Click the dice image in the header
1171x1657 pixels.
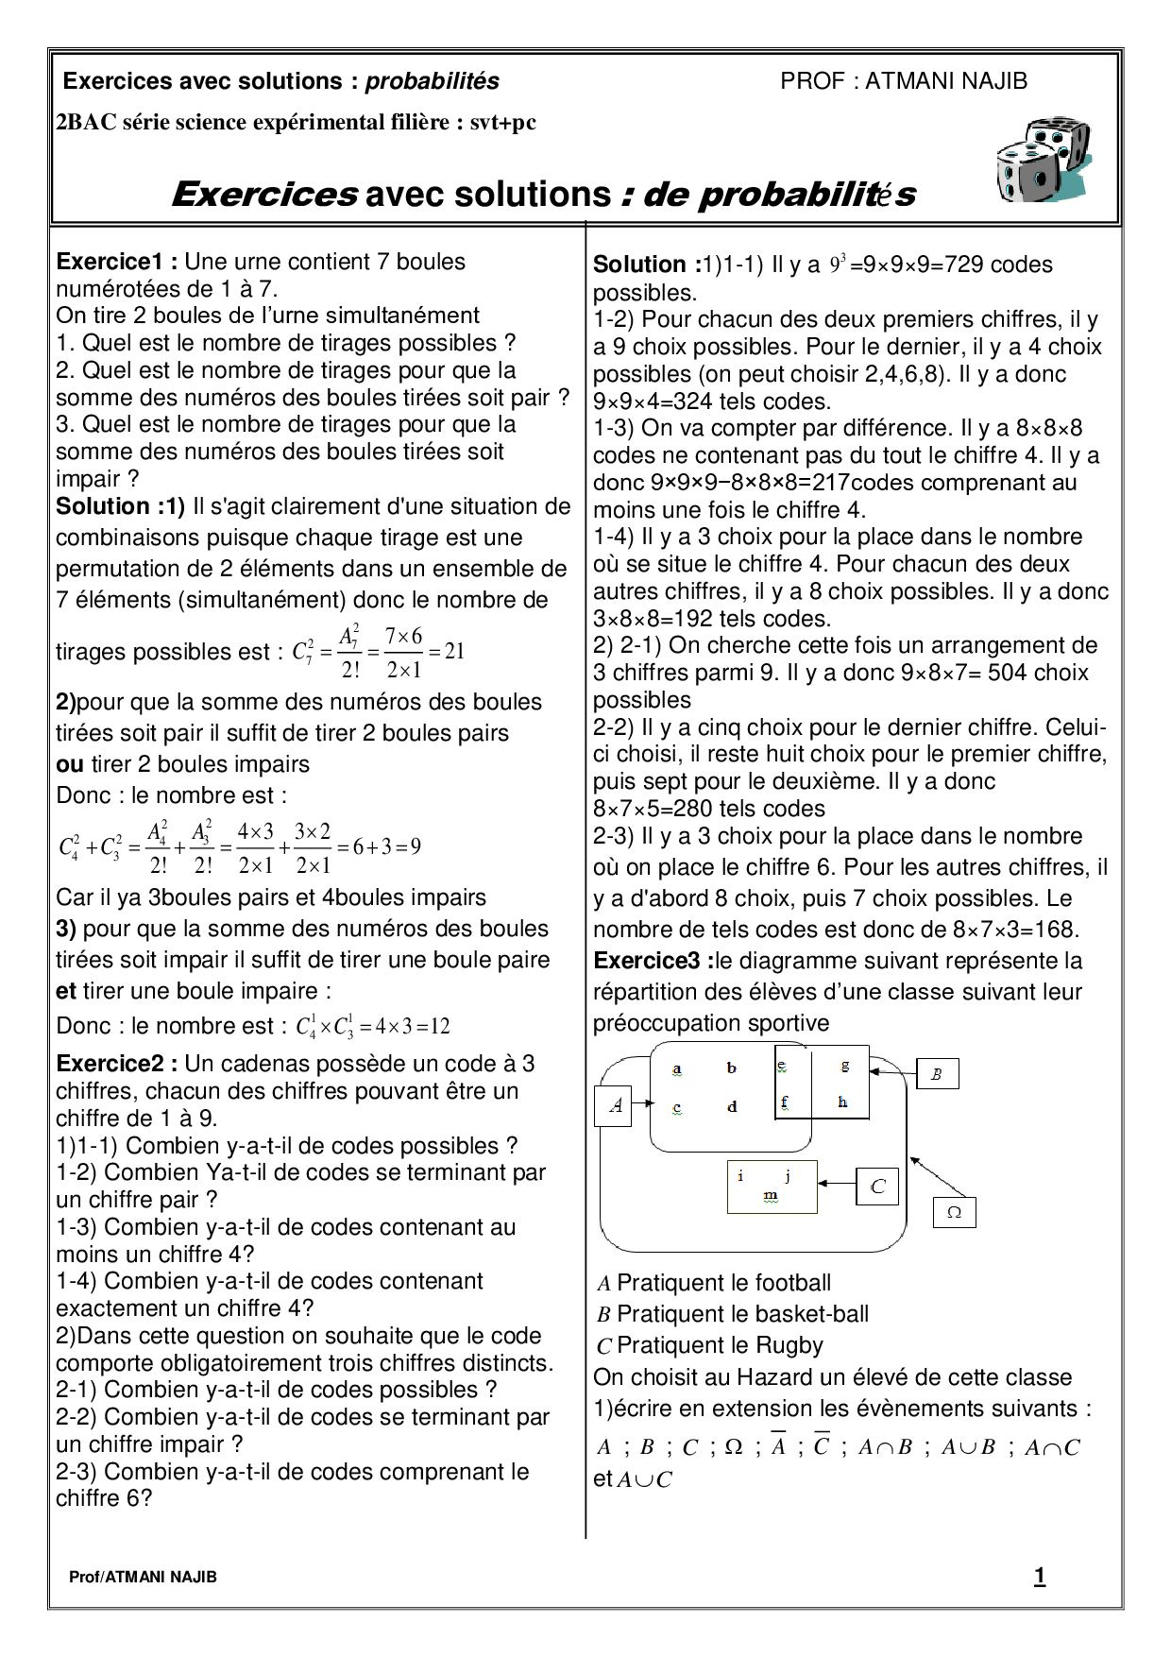click(x=1042, y=162)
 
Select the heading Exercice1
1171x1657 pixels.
click(x=116, y=262)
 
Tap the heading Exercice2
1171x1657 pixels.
click(x=116, y=1064)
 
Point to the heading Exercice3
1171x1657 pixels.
click(x=653, y=961)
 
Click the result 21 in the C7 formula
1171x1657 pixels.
click(x=454, y=652)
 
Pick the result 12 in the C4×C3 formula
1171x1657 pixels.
click(x=439, y=1027)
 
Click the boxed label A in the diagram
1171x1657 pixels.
click(x=617, y=1104)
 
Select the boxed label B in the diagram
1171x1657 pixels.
click(x=937, y=1073)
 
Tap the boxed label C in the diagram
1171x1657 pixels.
click(x=877, y=1186)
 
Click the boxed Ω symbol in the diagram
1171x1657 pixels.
click(x=954, y=1212)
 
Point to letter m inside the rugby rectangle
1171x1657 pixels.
click(x=771, y=1196)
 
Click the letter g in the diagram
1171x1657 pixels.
click(x=844, y=1066)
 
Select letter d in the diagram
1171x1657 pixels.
click(x=732, y=1106)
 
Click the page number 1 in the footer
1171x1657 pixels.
click(x=1040, y=1577)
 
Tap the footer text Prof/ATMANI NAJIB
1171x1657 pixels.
click(x=143, y=1578)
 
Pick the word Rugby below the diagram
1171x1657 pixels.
click(x=789, y=1345)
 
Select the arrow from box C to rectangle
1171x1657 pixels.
click(x=837, y=1183)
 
